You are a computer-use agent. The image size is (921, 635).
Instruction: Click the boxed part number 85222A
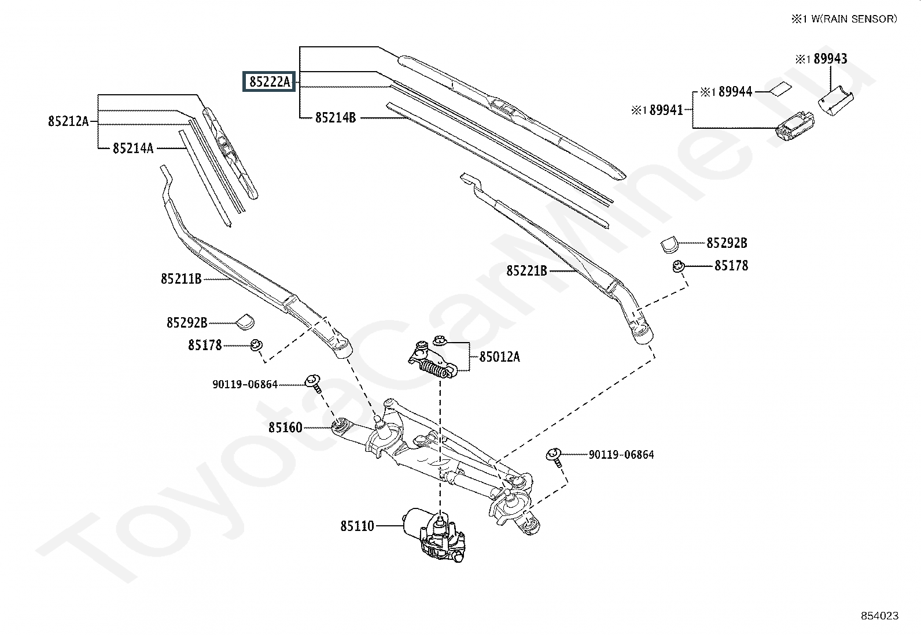[269, 81]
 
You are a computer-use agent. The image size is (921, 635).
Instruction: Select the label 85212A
[68, 121]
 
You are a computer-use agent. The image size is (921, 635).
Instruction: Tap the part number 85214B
[336, 118]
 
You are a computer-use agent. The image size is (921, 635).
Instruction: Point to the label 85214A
[133, 148]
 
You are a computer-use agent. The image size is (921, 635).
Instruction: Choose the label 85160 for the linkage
[285, 428]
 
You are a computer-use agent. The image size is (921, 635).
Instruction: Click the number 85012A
[500, 357]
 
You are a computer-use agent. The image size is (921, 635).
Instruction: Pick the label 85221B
[526, 271]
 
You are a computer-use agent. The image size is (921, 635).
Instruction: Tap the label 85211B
[181, 279]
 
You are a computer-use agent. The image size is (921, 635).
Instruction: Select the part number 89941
[666, 110]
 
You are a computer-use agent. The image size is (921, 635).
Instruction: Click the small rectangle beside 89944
[781, 89]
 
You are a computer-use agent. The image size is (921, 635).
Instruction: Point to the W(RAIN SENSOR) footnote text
[854, 19]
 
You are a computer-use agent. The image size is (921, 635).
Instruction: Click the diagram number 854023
[880, 616]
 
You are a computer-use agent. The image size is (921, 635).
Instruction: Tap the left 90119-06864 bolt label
[245, 384]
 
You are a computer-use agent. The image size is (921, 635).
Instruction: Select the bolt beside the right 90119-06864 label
[555, 458]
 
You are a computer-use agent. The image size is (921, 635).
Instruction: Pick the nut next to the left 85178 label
[256, 345]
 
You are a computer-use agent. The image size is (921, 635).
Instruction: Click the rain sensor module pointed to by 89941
[794, 125]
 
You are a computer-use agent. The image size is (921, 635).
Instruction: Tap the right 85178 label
[731, 266]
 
